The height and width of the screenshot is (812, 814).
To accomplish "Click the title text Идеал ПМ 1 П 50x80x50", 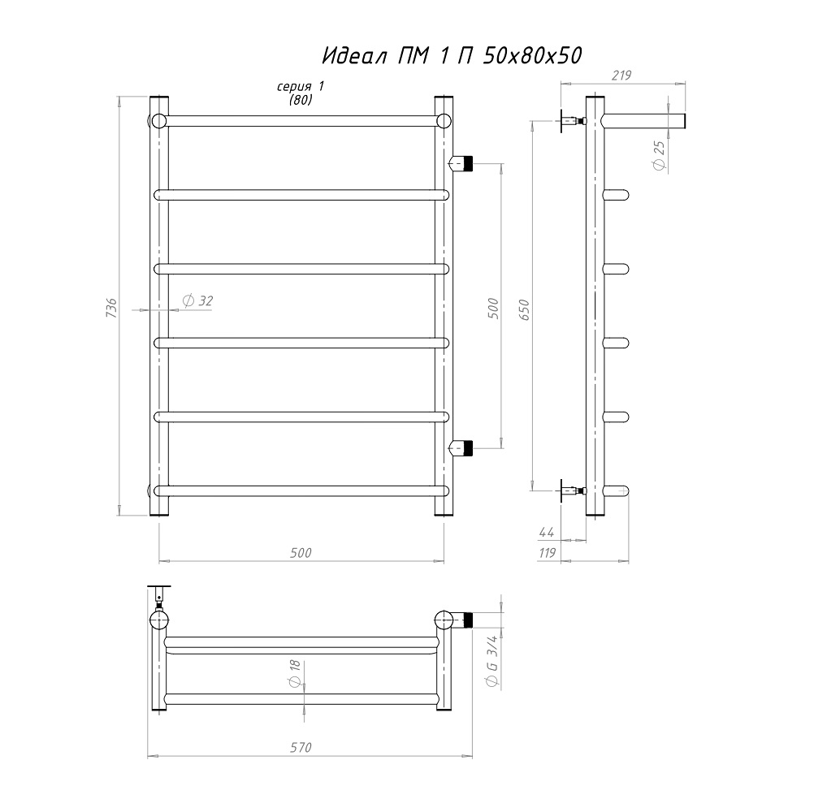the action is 452,55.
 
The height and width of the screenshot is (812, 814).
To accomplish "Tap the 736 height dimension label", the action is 111,308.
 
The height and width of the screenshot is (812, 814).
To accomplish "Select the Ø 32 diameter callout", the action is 197,300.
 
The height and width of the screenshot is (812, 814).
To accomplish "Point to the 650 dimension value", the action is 524,309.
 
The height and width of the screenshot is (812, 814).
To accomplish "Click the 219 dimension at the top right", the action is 621,76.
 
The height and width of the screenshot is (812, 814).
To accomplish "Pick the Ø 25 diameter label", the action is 660,156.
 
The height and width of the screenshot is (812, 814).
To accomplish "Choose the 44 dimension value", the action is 547,532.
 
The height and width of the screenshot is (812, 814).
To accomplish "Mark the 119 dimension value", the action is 548,553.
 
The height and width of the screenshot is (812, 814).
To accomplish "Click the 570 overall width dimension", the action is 301,747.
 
